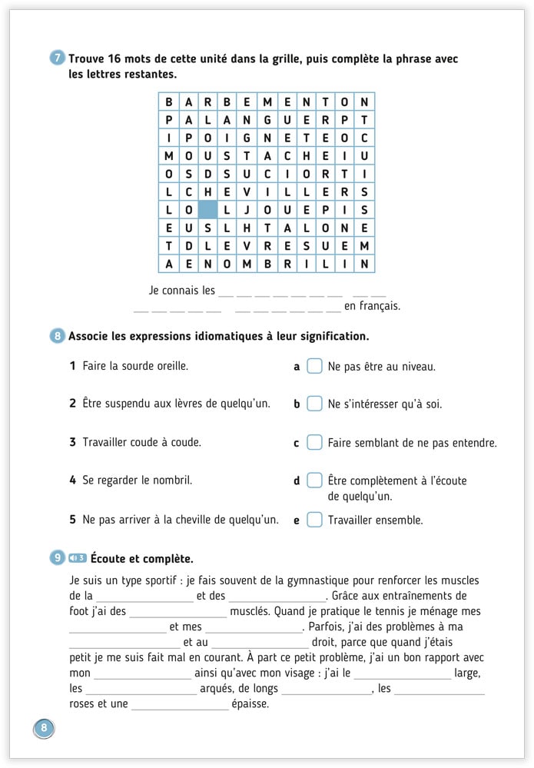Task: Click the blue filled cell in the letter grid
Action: pyautogui.click(x=207, y=209)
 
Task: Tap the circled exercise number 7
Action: pyautogui.click(x=58, y=58)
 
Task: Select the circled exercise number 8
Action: pyautogui.click(x=58, y=336)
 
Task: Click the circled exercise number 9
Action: pyautogui.click(x=58, y=558)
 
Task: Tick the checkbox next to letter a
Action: pyautogui.click(x=314, y=366)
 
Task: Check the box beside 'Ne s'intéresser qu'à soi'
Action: pyautogui.click(x=314, y=404)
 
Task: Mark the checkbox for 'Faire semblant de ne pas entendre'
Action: pyautogui.click(x=314, y=442)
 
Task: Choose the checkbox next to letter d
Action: pyautogui.click(x=314, y=480)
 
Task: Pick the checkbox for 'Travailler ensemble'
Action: pyautogui.click(x=314, y=520)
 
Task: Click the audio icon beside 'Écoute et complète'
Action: pyautogui.click(x=77, y=558)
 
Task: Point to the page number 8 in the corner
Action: pyautogui.click(x=44, y=727)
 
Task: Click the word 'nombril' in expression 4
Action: pyautogui.click(x=172, y=480)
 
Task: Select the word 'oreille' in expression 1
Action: pyautogui.click(x=169, y=366)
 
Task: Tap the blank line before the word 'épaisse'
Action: pyautogui.click(x=180, y=704)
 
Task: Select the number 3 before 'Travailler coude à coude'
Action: pyautogui.click(x=72, y=442)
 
